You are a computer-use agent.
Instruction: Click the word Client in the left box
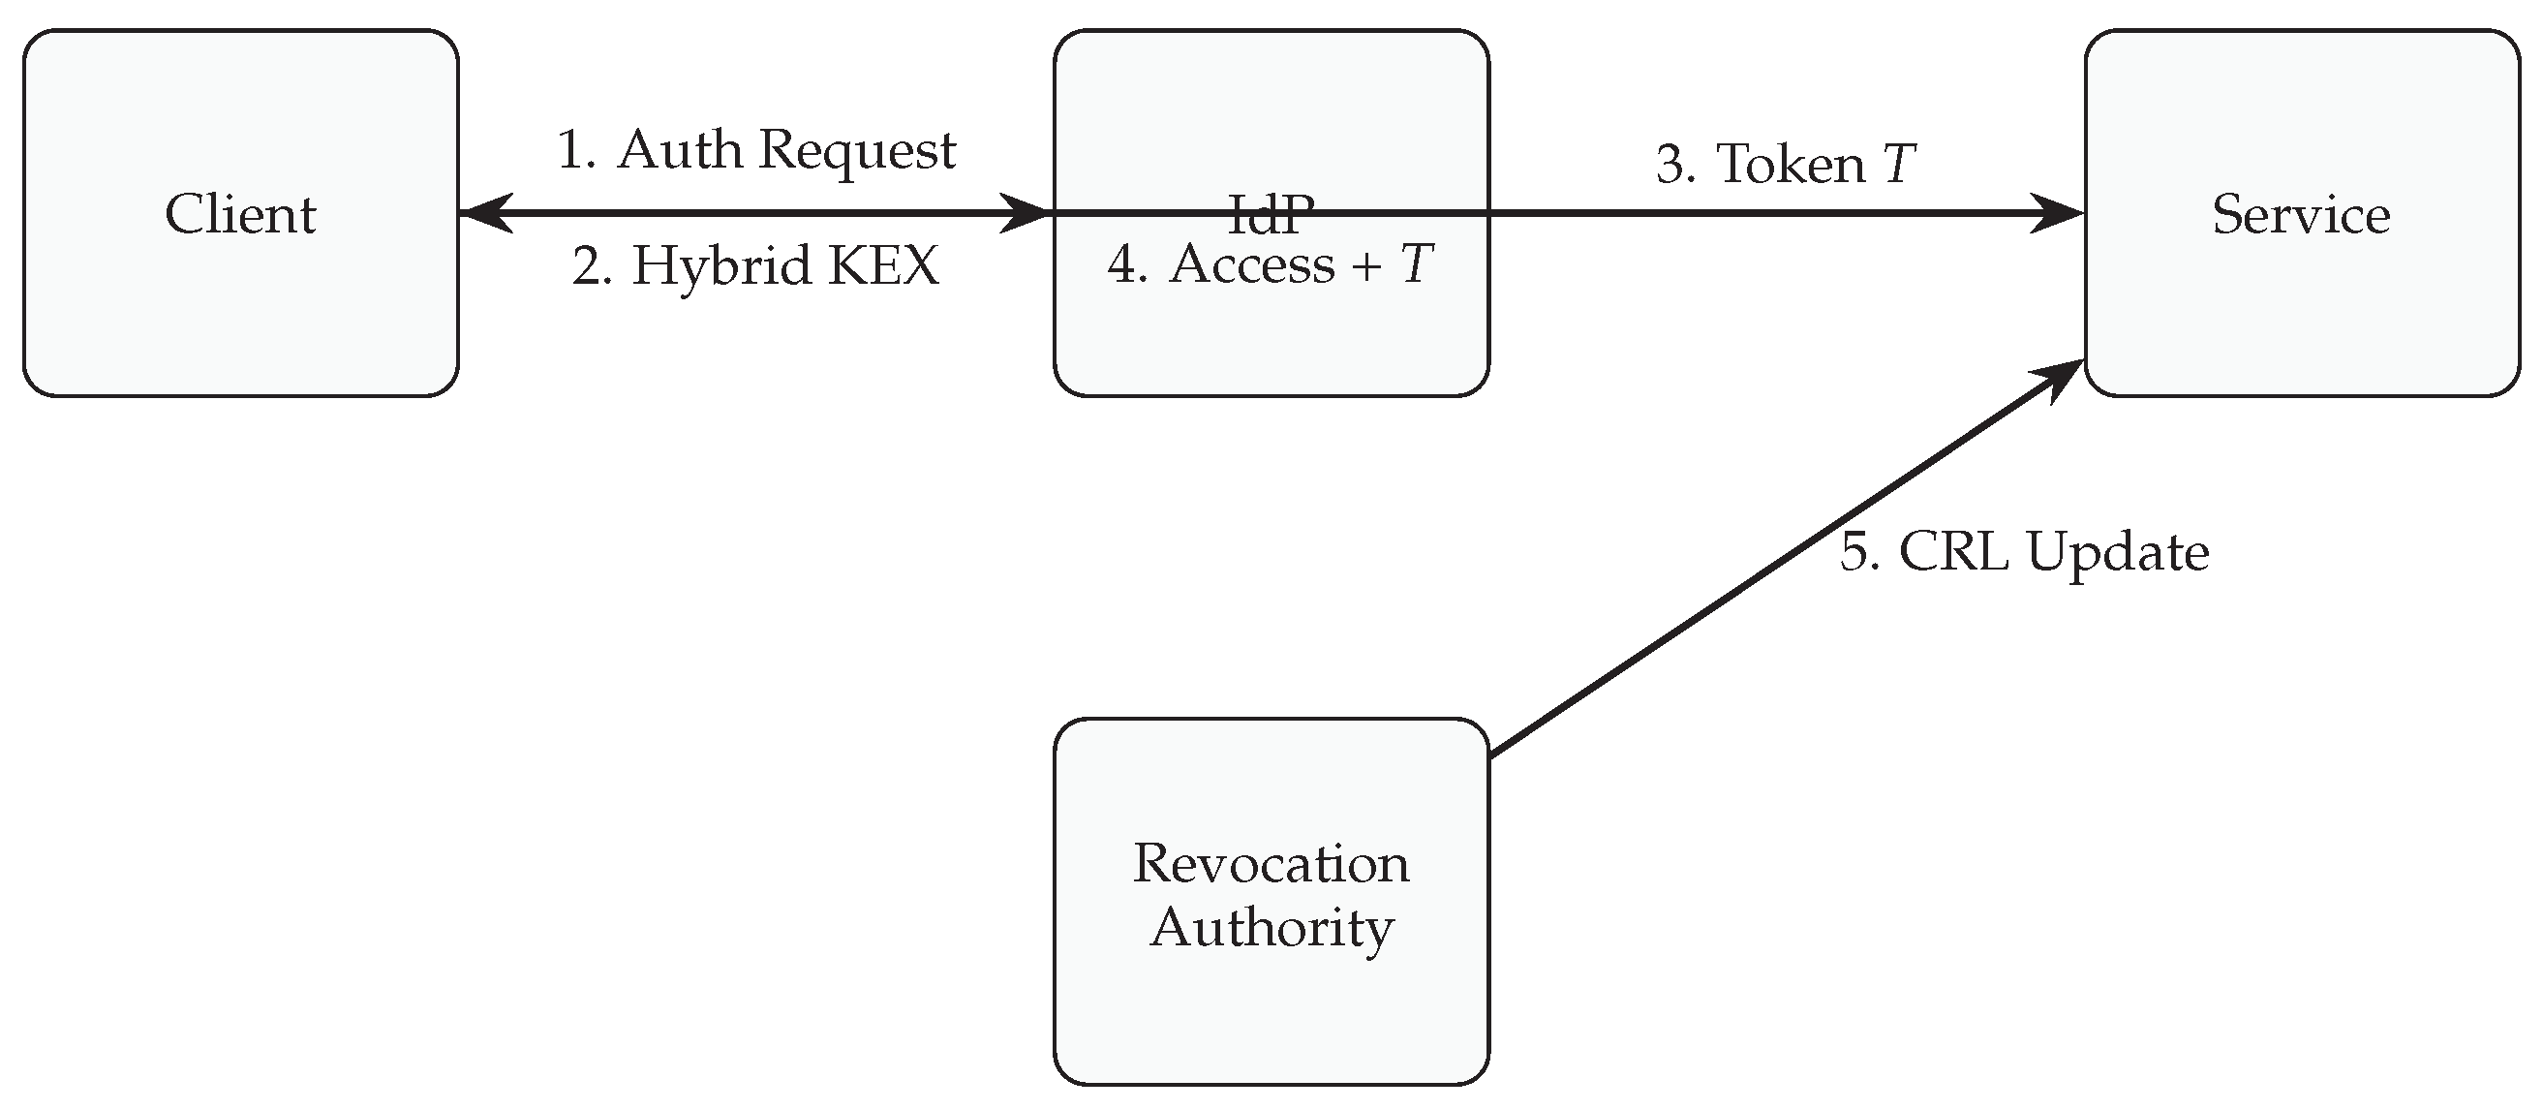point(240,214)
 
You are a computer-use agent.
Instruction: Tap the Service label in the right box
point(2300,214)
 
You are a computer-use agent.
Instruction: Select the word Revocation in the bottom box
point(1271,863)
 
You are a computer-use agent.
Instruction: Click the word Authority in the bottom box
point(1271,927)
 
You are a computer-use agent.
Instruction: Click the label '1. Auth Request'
point(756,150)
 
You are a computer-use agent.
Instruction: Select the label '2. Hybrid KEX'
point(756,264)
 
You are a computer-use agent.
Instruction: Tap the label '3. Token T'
point(1785,163)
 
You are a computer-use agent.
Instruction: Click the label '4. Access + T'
point(1270,264)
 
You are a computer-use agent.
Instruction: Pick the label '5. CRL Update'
point(2024,551)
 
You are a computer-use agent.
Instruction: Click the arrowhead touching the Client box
point(486,213)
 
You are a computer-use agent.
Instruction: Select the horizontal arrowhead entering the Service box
point(2055,213)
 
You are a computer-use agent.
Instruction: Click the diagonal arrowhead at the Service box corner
point(2057,380)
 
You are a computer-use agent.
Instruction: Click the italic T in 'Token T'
point(1899,163)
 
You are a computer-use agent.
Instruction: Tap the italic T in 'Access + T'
point(1417,264)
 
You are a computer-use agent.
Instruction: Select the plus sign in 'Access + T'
point(1367,266)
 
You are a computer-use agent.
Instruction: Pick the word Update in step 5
point(2118,551)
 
